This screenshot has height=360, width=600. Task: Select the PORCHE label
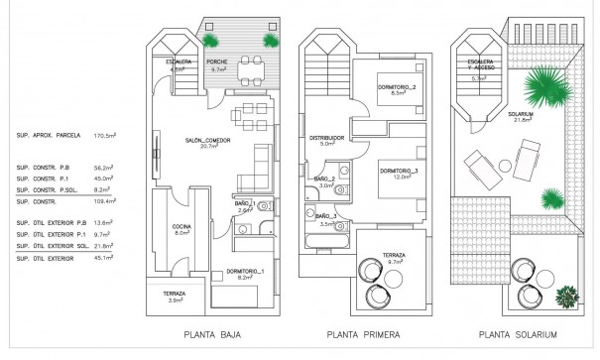tap(216, 62)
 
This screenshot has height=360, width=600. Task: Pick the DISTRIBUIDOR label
tap(326, 138)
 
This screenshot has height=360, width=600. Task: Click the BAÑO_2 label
tap(326, 180)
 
